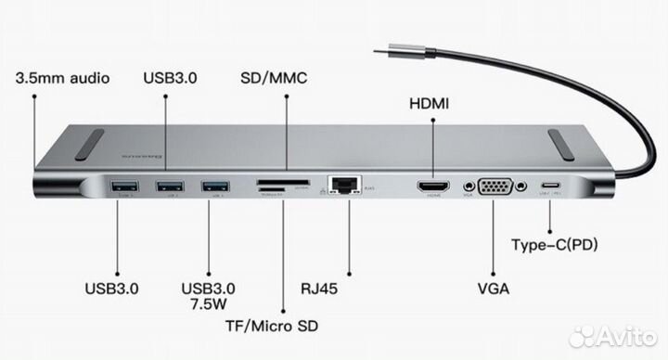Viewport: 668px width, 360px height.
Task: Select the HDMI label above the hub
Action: (429, 104)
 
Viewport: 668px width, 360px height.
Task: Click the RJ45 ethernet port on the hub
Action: (344, 186)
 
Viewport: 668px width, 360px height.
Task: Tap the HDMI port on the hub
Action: (431, 188)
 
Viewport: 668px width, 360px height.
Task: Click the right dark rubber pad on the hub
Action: (571, 144)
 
